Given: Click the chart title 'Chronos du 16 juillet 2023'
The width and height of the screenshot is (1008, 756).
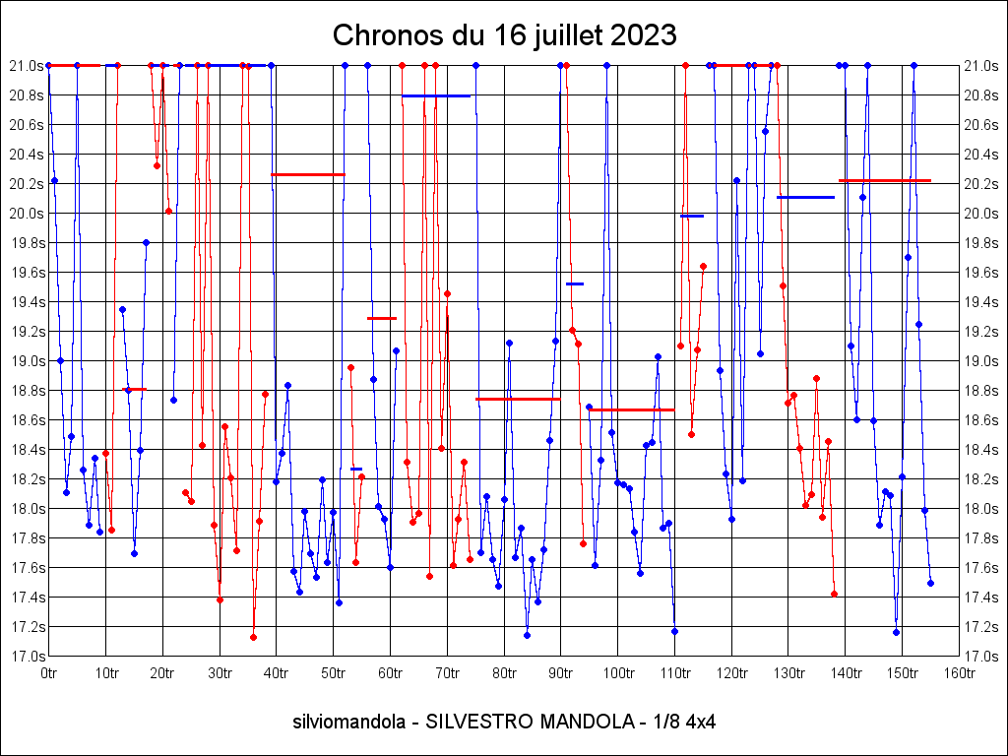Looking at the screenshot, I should point(504,35).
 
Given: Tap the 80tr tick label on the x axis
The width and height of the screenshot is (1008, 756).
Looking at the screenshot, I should point(504,673).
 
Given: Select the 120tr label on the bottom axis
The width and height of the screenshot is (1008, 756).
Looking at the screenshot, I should point(731,673).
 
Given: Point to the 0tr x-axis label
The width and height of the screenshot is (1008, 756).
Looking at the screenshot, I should point(49,673).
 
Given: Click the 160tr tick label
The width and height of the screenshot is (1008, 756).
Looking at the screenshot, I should point(959,673).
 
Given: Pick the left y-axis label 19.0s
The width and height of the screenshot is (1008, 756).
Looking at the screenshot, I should point(25,361).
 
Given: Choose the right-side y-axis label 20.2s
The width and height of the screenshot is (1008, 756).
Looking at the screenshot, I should point(983,184).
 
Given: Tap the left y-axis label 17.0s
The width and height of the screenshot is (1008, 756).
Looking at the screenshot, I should point(25,657).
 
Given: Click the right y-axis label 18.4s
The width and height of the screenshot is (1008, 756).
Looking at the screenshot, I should point(983,450).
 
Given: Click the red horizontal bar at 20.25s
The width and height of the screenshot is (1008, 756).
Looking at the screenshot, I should point(308,174).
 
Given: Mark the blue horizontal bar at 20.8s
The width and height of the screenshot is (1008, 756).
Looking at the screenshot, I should point(436,95).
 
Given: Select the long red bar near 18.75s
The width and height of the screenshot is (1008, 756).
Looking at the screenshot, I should point(518,399).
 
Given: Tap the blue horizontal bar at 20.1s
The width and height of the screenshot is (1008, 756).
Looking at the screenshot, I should point(805,197).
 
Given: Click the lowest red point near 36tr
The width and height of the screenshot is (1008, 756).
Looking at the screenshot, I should point(253,637).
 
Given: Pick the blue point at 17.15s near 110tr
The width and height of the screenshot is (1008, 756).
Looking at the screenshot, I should point(674,631).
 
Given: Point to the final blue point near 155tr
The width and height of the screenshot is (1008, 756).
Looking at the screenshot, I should point(930,583).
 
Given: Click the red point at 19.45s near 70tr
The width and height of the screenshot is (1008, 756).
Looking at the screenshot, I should point(447,293).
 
